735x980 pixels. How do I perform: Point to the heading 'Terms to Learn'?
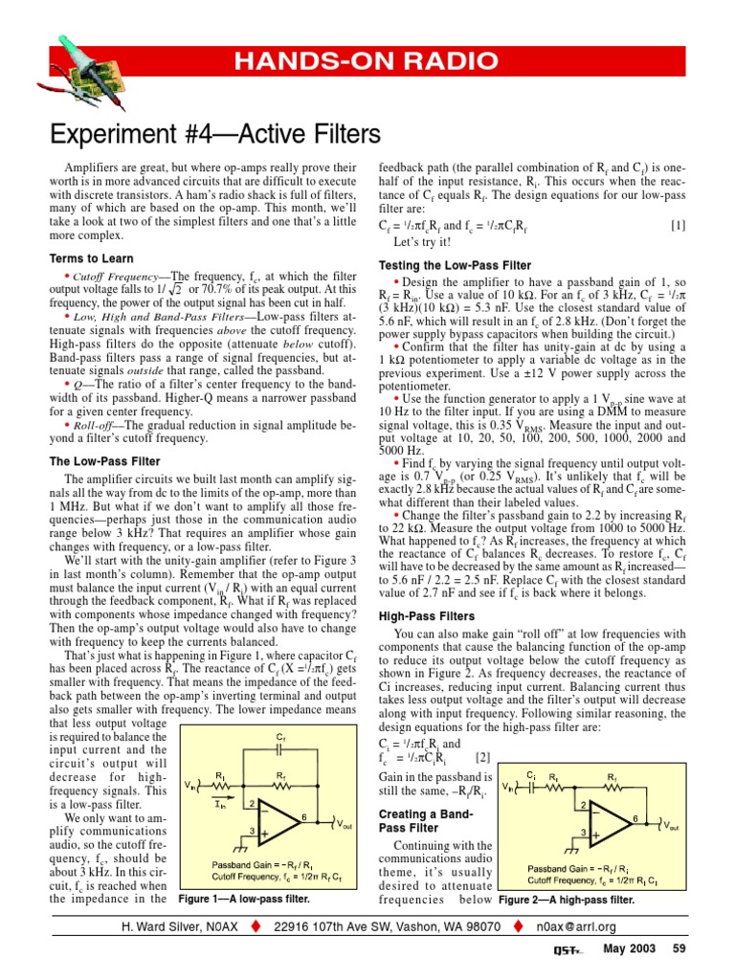pos(92,258)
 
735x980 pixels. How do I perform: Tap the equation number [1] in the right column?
pos(678,226)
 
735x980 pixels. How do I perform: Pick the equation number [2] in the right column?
pos(482,758)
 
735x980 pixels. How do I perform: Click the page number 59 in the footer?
pos(679,948)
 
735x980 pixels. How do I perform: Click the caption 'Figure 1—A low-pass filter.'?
pos(245,901)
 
